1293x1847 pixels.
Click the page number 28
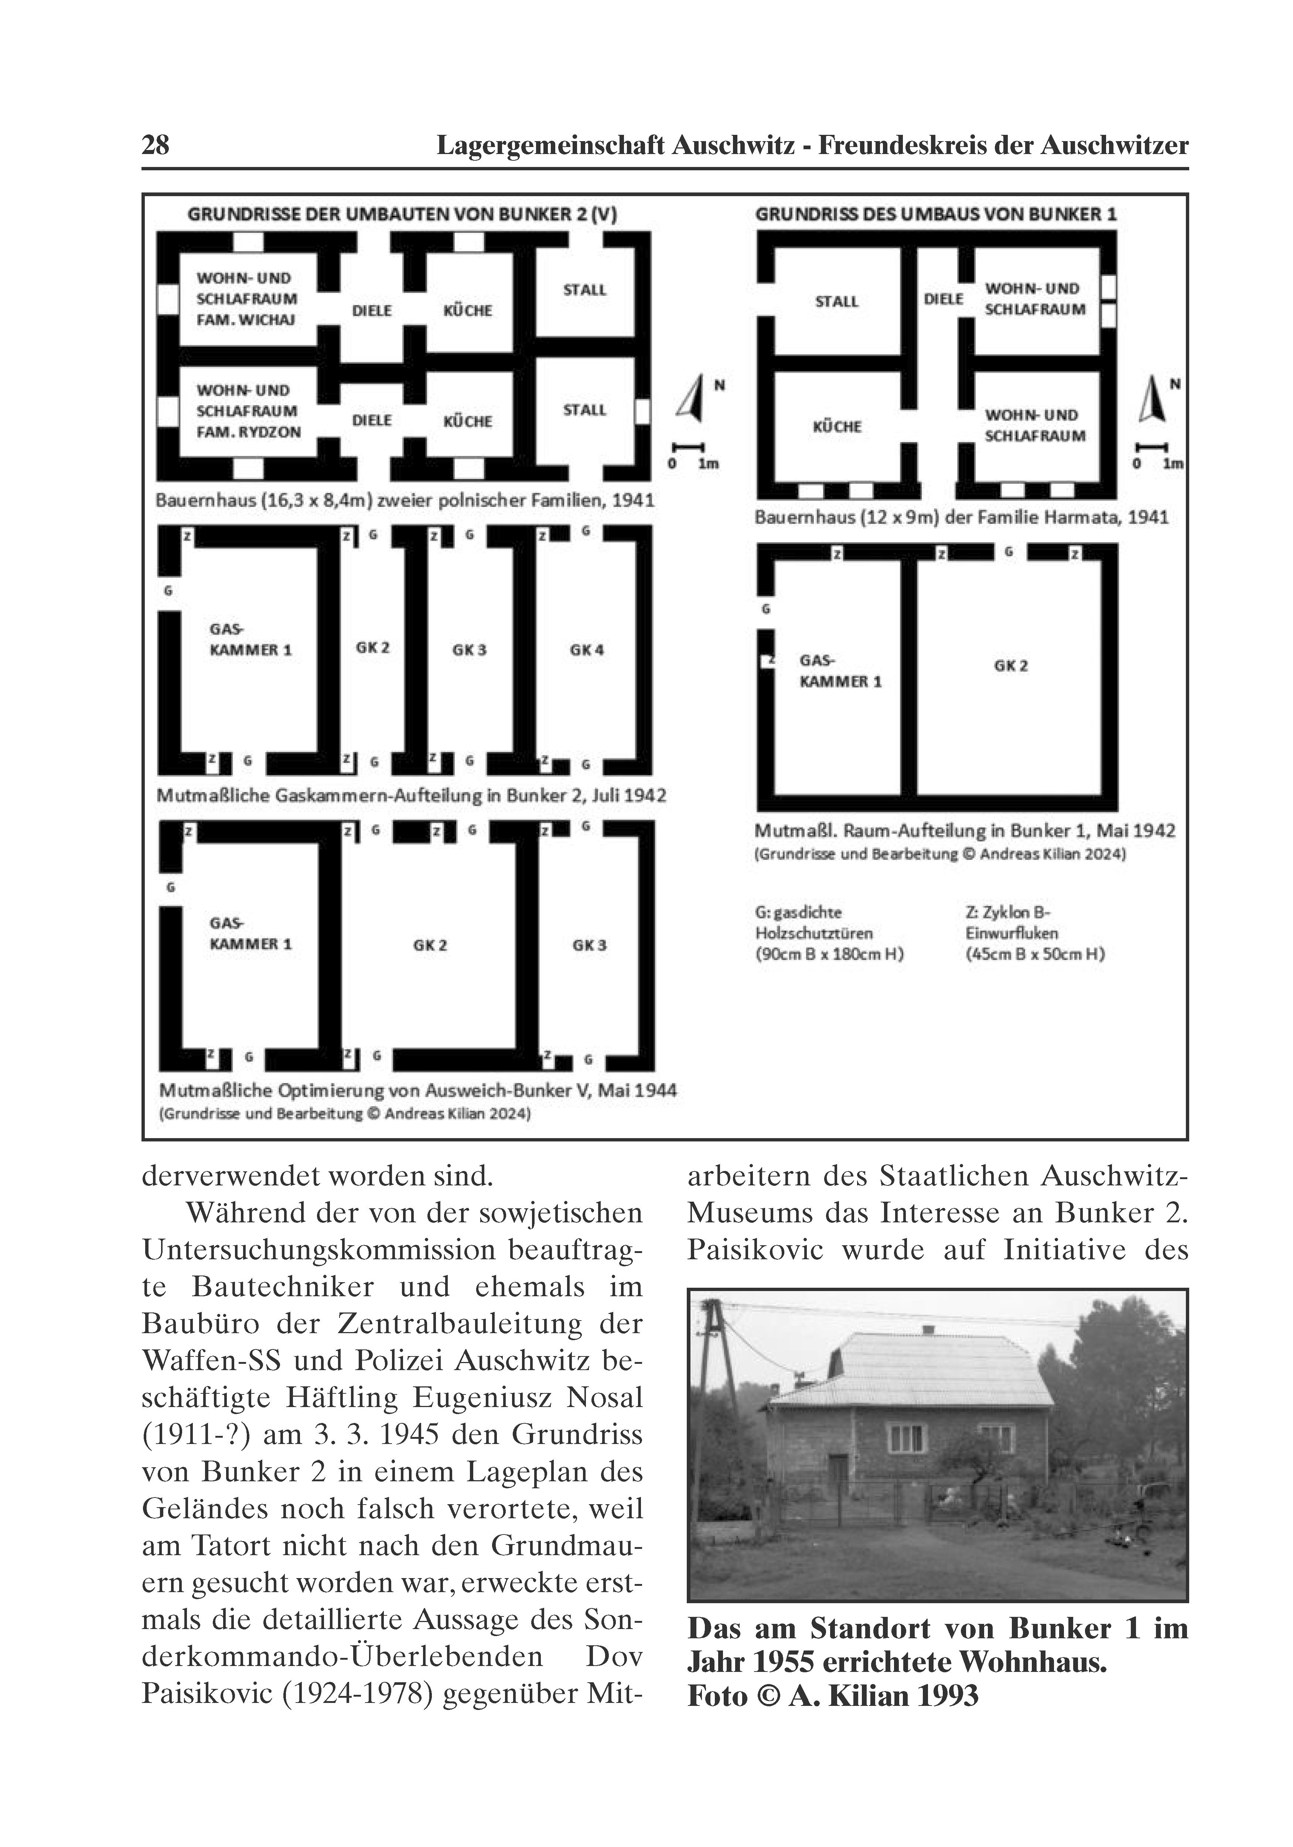pos(155,146)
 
